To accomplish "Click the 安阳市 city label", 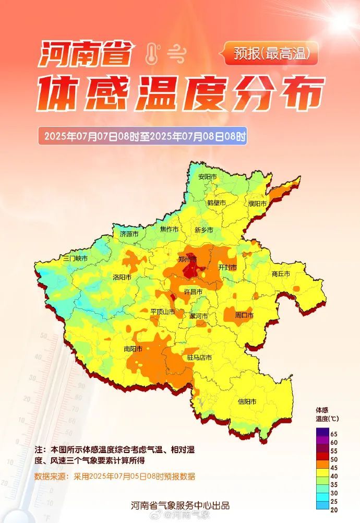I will click(x=207, y=177).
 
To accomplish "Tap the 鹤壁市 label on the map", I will click(x=216, y=203).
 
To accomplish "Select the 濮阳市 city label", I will click(x=257, y=204).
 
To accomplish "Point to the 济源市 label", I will click(x=129, y=234).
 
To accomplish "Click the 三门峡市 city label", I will click(x=75, y=258).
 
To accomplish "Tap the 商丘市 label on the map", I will click(x=281, y=274).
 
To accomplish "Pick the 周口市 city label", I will click(x=244, y=315).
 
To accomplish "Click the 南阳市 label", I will click(x=133, y=348).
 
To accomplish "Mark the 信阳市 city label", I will click(x=247, y=401).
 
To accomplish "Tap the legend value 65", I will click(x=334, y=434).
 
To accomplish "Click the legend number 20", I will click(x=334, y=509).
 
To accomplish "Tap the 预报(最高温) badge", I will click(x=269, y=53).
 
